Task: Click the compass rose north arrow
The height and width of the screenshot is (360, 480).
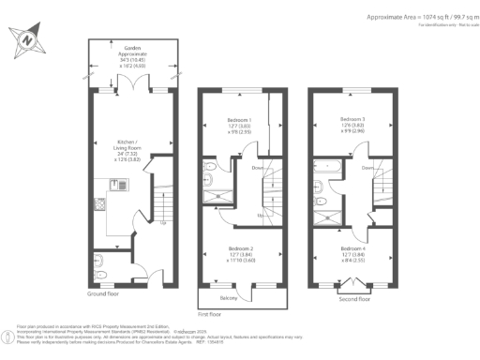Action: tap(27, 41)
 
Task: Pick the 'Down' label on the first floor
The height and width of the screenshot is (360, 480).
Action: tap(258, 169)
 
